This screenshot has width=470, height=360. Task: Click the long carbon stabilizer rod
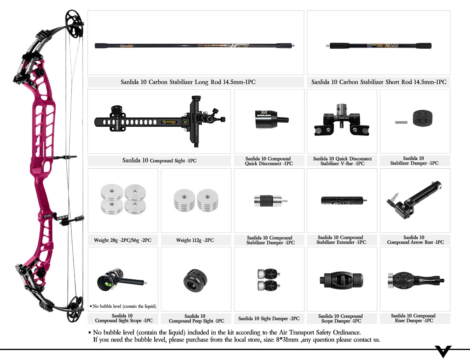coord(195,46)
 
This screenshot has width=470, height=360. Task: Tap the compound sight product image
coord(160,120)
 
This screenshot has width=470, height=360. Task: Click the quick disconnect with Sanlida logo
coord(269,119)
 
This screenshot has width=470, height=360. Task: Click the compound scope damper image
coord(341,280)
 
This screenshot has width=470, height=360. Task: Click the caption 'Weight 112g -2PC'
coord(195,240)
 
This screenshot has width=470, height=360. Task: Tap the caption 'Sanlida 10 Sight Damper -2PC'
coord(269,318)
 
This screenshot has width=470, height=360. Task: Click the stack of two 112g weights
coord(196,199)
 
